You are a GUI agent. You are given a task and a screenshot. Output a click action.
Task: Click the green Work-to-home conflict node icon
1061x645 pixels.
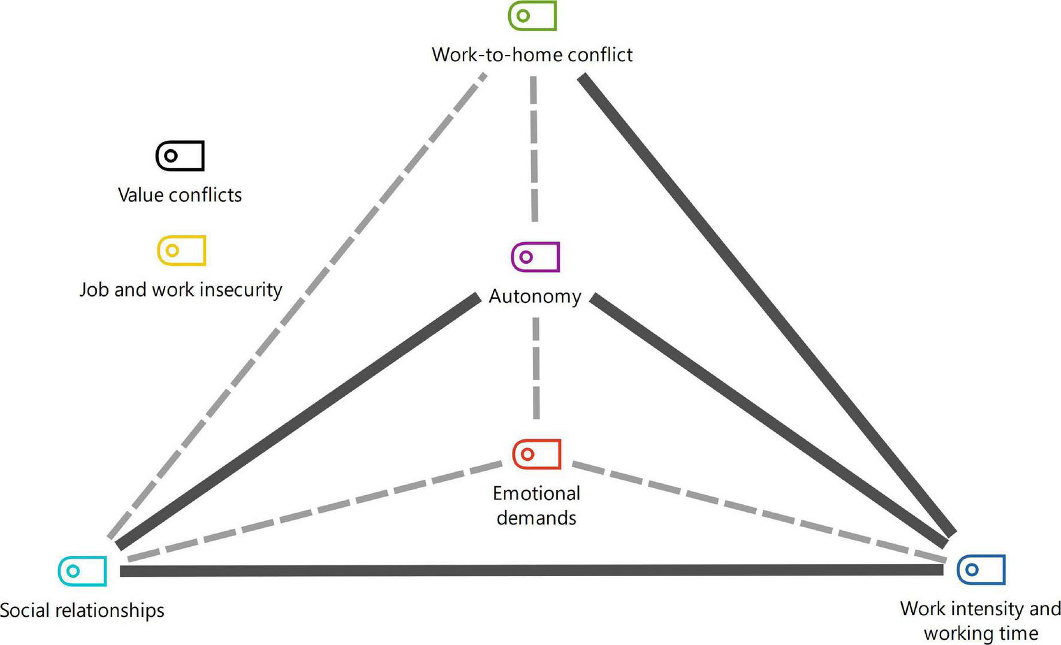tap(532, 16)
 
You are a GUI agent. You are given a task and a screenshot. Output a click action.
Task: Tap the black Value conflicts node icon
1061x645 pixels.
tap(180, 156)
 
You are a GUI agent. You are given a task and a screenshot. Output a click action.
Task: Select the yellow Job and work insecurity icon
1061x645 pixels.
tap(181, 250)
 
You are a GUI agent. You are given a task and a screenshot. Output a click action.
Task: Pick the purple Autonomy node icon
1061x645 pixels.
tap(535, 257)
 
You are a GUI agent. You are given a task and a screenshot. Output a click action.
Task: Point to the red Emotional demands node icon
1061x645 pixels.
tap(536, 454)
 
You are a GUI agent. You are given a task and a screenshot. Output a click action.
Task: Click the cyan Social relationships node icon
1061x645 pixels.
tap(83, 571)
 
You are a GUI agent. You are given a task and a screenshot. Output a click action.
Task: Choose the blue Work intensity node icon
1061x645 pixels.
tap(981, 569)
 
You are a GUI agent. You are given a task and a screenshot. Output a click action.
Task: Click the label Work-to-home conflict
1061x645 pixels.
tap(532, 54)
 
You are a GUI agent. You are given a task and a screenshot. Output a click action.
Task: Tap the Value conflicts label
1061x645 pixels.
tap(180, 195)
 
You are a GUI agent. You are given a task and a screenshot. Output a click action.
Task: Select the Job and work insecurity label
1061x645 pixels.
tap(181, 289)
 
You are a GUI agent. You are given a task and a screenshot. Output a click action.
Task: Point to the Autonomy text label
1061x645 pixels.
tap(535, 296)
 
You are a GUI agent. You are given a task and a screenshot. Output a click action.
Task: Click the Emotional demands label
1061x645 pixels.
tap(536, 505)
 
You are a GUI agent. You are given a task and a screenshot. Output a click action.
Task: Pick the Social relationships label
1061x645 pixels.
tap(82, 610)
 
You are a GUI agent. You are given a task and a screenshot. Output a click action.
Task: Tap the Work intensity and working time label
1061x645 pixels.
tap(981, 620)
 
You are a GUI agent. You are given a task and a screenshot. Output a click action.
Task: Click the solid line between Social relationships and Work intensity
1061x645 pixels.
tap(532, 570)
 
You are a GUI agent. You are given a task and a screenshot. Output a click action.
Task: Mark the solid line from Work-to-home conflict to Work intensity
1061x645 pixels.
tap(766, 304)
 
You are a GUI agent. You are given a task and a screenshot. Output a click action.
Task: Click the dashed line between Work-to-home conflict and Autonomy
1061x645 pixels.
tap(534, 150)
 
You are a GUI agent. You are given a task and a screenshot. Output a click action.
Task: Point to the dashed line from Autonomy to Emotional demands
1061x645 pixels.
tap(536, 368)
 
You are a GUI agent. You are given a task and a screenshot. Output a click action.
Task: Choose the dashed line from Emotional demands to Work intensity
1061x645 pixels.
tap(758, 511)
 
